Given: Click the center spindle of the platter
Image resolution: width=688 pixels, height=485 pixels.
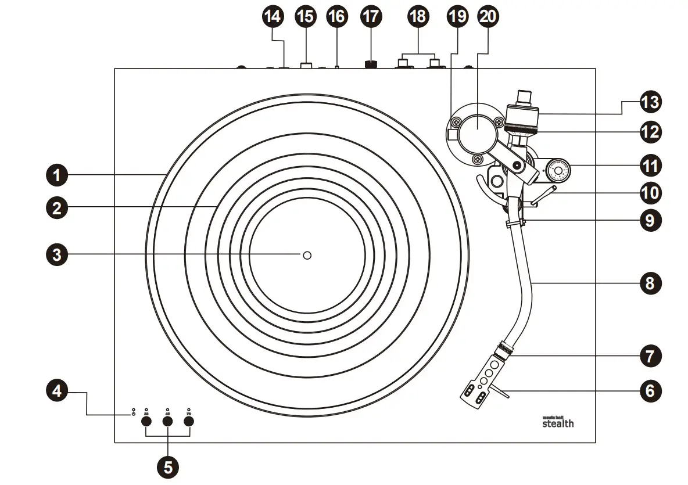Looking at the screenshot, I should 307,255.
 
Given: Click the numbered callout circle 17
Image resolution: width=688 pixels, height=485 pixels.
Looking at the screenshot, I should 371,16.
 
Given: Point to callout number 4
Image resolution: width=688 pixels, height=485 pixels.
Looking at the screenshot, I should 56,391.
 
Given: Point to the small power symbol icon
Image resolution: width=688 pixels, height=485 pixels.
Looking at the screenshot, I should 134,413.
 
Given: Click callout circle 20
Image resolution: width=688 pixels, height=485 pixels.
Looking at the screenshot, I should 487,16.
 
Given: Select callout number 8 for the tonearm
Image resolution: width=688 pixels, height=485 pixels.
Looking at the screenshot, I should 650,283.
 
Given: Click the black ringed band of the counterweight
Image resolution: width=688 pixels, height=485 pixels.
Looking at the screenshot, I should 523,125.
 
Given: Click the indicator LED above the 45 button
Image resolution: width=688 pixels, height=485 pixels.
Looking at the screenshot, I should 167,409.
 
